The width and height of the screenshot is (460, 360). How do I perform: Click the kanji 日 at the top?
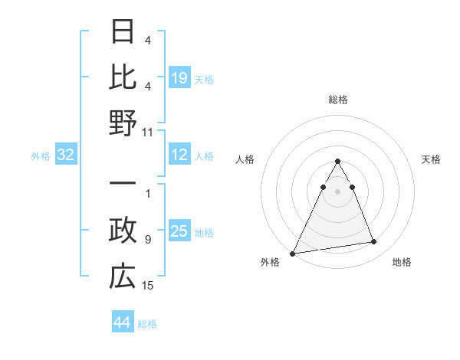(123, 33)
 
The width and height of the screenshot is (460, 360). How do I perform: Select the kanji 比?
(123, 78)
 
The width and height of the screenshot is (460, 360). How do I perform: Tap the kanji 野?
(123, 123)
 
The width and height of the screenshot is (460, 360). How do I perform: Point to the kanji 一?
(123, 185)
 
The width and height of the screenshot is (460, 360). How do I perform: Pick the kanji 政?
(123, 231)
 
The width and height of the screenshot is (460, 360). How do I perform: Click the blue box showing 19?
(179, 78)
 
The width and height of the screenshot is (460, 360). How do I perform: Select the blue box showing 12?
(179, 155)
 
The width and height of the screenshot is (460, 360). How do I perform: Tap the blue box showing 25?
(179, 231)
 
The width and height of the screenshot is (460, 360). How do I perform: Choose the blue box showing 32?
(66, 155)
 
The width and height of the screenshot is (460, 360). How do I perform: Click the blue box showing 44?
(123, 322)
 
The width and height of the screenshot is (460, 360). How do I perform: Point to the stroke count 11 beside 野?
(148, 132)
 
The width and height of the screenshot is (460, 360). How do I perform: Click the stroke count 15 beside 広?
(148, 285)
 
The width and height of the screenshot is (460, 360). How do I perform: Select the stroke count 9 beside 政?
(148, 240)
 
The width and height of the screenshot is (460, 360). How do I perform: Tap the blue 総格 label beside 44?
(148, 324)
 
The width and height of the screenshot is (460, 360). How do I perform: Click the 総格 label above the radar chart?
(337, 100)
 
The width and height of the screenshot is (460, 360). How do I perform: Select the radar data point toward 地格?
(373, 242)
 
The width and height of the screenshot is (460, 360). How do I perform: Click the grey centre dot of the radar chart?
(337, 191)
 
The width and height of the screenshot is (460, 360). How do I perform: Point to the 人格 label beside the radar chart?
(245, 159)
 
